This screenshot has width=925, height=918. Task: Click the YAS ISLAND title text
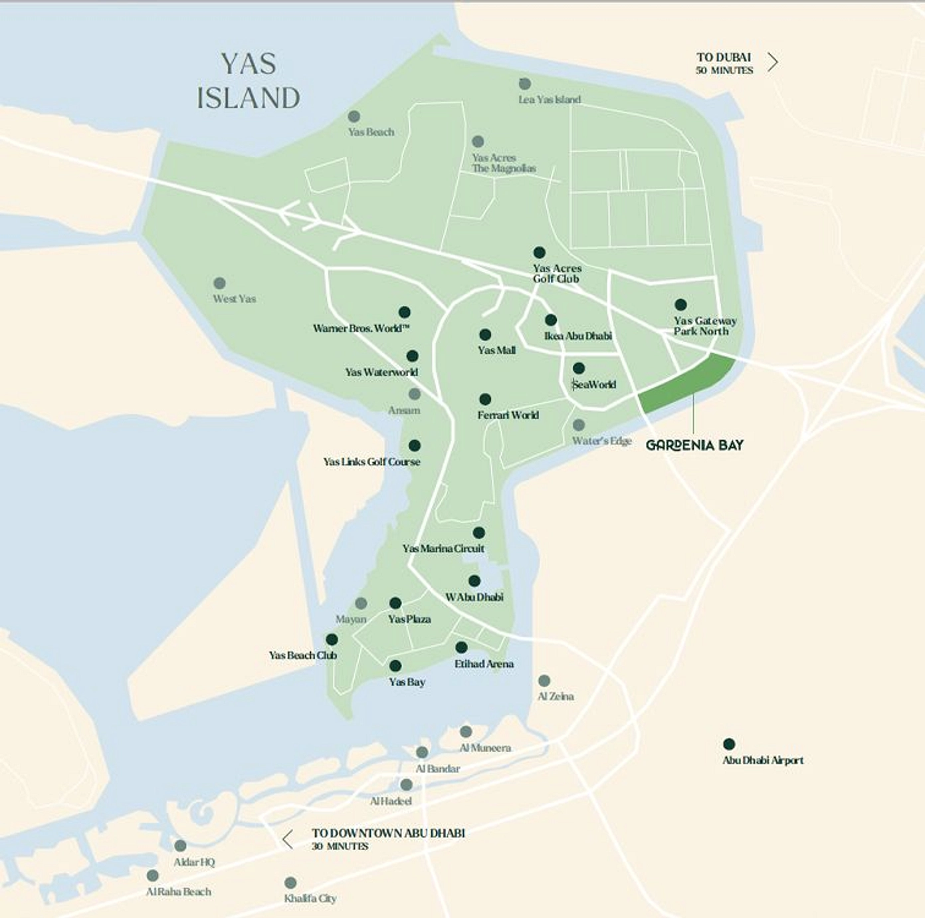(249, 81)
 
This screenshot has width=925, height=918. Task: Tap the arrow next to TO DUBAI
(772, 62)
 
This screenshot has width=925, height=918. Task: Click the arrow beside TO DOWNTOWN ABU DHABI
(287, 839)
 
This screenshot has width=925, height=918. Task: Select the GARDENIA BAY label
(694, 445)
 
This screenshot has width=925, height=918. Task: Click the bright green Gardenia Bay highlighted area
(688, 384)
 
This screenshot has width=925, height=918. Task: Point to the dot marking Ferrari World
(485, 400)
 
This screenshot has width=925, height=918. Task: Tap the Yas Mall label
(496, 350)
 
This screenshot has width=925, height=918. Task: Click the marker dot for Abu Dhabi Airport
(729, 744)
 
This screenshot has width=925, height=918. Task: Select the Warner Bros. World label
(361, 328)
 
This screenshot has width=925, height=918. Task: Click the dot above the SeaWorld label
(579, 368)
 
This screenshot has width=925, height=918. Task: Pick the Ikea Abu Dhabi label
(577, 336)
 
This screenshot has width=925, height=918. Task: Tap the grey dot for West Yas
(219, 283)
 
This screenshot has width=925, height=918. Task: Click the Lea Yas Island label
(550, 100)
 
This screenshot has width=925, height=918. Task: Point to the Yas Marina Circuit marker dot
(478, 532)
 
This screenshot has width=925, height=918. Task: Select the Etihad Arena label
(484, 663)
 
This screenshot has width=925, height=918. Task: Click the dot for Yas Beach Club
(332, 639)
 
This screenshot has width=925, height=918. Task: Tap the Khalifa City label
(310, 898)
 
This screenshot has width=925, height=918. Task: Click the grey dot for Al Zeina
(544, 681)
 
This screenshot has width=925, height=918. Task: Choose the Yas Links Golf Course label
(371, 462)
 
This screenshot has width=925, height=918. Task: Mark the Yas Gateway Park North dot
(680, 304)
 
